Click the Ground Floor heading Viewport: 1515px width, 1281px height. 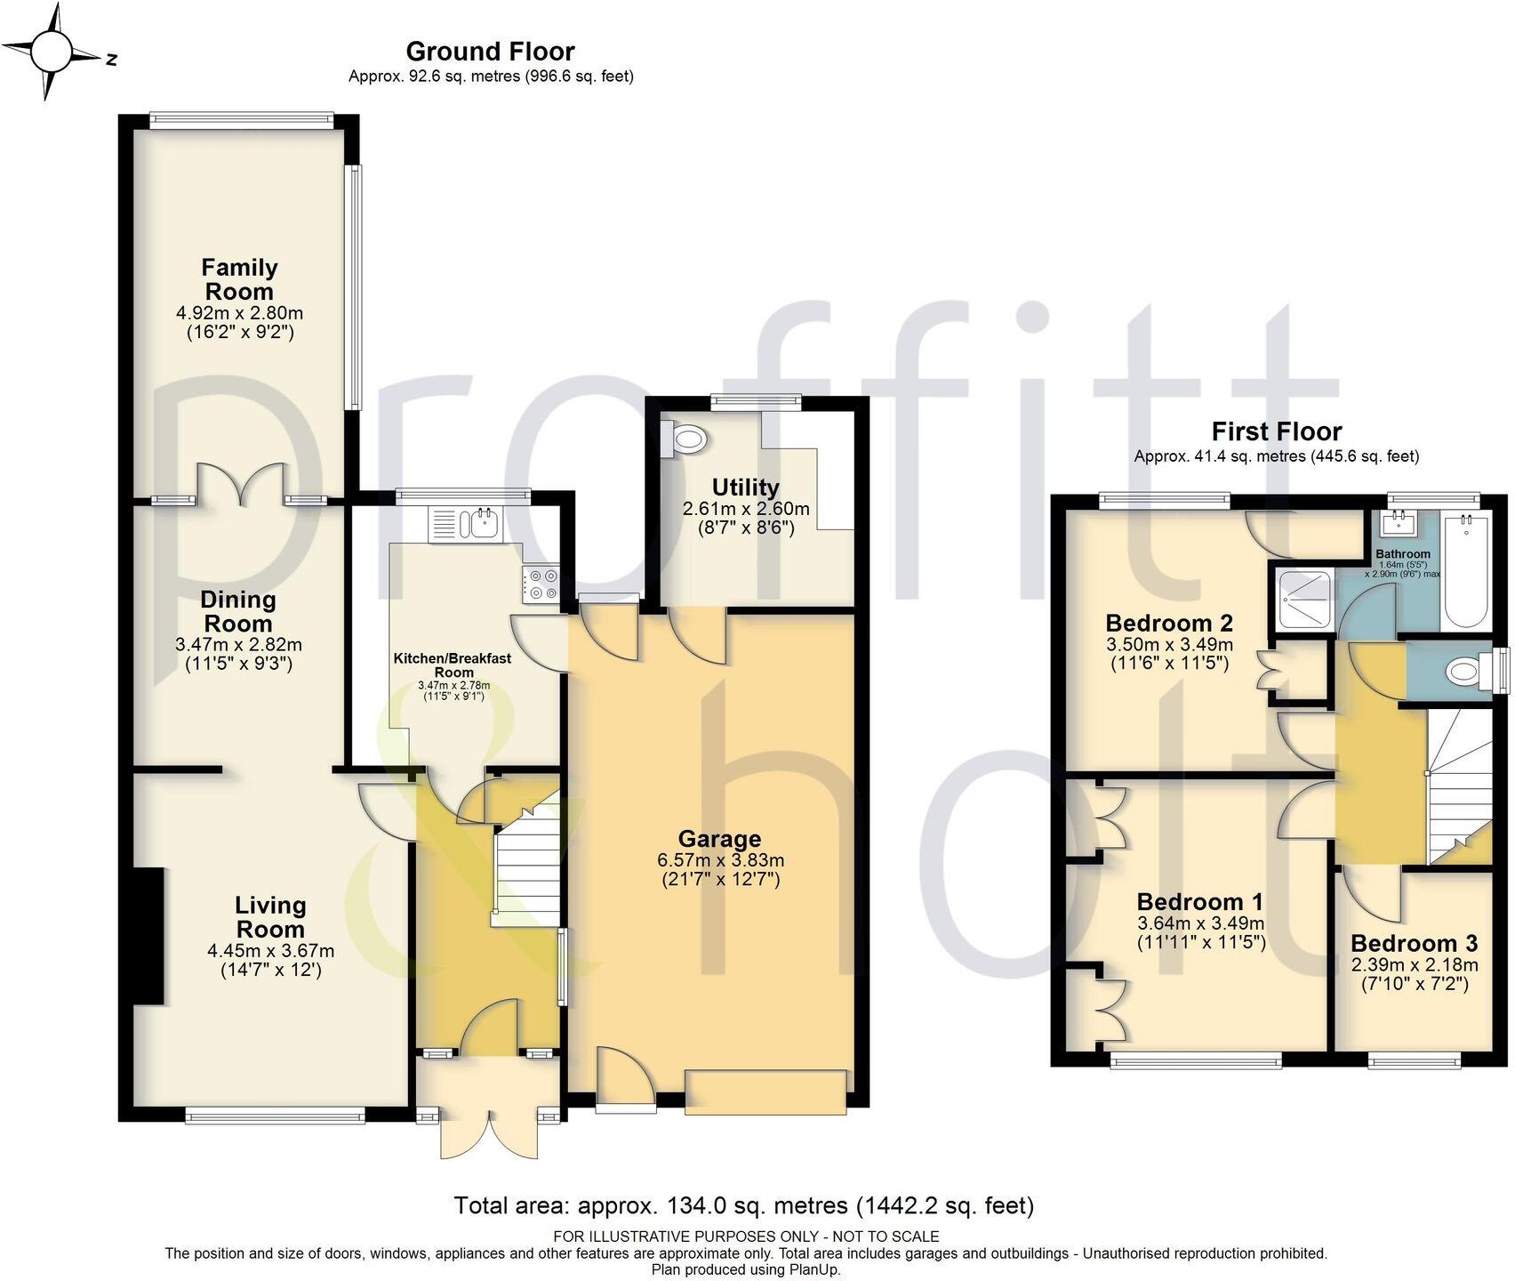click(x=490, y=51)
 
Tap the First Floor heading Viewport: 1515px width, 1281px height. click(x=1276, y=431)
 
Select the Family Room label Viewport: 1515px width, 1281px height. click(x=239, y=279)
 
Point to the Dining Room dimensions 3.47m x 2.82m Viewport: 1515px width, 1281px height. click(x=238, y=644)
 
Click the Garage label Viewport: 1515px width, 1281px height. click(x=719, y=838)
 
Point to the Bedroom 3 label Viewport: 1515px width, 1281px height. click(x=1414, y=943)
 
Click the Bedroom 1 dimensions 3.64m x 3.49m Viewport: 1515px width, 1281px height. click(x=1200, y=923)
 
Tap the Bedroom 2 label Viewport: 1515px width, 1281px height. click(x=1168, y=622)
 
